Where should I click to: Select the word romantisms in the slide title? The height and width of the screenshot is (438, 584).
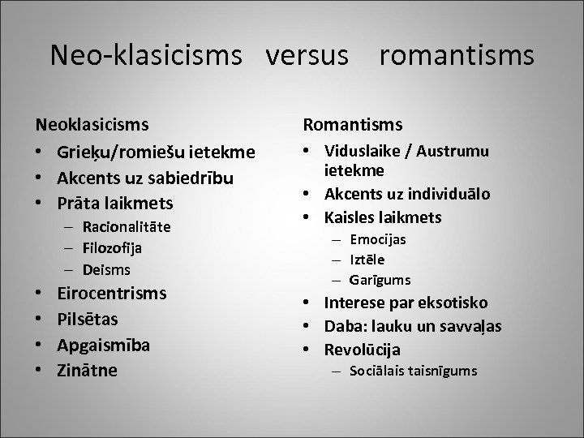[457, 55]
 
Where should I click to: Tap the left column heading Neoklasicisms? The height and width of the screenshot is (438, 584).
[92, 125]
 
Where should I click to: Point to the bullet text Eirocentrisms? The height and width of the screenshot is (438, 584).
[111, 293]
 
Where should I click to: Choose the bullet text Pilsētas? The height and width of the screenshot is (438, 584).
[88, 319]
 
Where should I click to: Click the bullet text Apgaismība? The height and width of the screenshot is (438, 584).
[103, 345]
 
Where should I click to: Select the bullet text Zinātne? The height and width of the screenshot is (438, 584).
[87, 371]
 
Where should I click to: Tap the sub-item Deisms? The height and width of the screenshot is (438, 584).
[101, 269]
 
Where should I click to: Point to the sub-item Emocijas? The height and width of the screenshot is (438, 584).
[378, 239]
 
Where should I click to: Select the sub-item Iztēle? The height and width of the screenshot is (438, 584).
[367, 260]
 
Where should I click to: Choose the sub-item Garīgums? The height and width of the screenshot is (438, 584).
[380, 280]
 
